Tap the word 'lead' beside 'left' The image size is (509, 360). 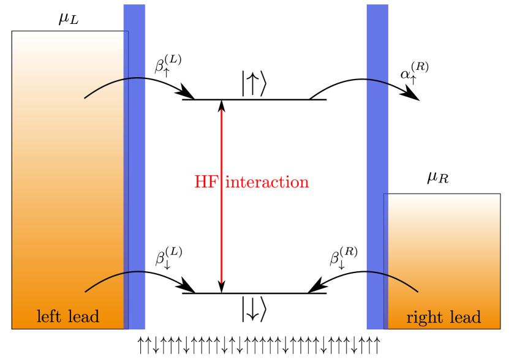click(83, 317)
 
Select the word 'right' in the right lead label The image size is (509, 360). click(422, 318)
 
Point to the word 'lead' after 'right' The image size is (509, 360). click(466, 318)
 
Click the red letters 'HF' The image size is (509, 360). click(205, 182)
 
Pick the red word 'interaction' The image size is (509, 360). click(268, 182)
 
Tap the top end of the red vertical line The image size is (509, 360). click(222, 111)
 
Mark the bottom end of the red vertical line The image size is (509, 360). click(222, 282)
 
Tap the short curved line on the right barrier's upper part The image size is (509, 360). click(377, 81)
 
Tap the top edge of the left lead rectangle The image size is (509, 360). click(67, 32)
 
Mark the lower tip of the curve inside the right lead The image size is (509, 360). click(417, 291)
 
